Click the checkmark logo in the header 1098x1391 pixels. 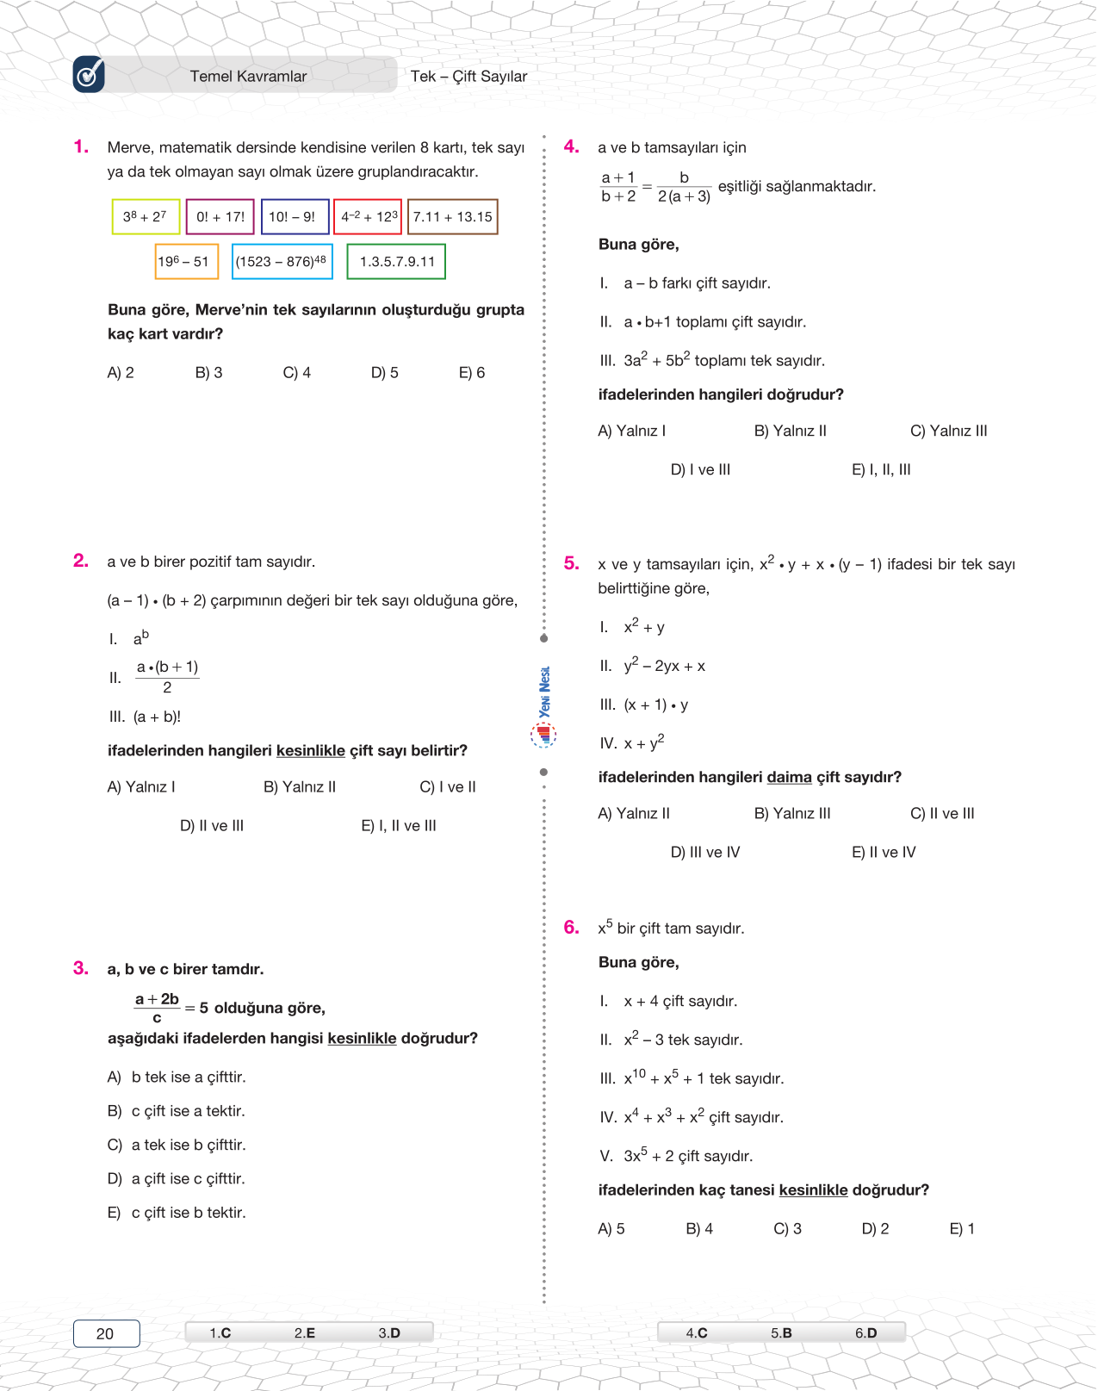pyautogui.click(x=89, y=75)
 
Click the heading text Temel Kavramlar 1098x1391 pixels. pyautogui.click(x=248, y=77)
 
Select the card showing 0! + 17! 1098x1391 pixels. pyautogui.click(x=220, y=217)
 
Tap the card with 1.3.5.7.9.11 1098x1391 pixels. pyautogui.click(x=396, y=262)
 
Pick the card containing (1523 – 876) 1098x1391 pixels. pyautogui.click(x=282, y=262)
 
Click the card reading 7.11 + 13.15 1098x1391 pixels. pyautogui.click(x=452, y=217)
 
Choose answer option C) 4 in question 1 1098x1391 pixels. pyautogui.click(x=296, y=373)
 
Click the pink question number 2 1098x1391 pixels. pyautogui.click(x=81, y=561)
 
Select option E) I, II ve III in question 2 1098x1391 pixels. pyautogui.click(x=398, y=826)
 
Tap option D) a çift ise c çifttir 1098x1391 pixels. pyautogui.click(x=188, y=1179)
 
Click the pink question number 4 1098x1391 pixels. pyautogui.click(x=571, y=146)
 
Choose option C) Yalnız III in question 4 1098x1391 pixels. pyautogui.click(x=948, y=431)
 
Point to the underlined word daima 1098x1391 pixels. pyautogui.click(x=789, y=778)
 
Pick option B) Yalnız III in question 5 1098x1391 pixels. pyautogui.click(x=792, y=814)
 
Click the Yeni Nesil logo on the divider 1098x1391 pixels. pyautogui.click(x=543, y=706)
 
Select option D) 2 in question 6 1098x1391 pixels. pyautogui.click(x=875, y=1229)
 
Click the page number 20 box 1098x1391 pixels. pyautogui.click(x=106, y=1333)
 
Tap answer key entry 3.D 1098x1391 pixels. pyautogui.click(x=389, y=1333)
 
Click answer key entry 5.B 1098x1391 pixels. pyautogui.click(x=781, y=1333)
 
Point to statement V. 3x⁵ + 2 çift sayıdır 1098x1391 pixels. pyautogui.click(x=676, y=1156)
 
